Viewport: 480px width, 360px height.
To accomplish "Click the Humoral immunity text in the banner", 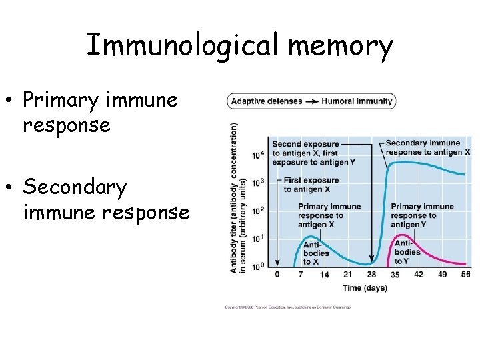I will click(x=357, y=102).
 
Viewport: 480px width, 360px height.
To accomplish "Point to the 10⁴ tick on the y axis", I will click(x=259, y=155).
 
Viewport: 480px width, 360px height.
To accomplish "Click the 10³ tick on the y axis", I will click(x=259, y=183).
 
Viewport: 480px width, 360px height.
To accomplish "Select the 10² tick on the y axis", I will click(x=259, y=211).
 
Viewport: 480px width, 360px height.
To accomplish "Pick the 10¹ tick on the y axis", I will click(x=259, y=238).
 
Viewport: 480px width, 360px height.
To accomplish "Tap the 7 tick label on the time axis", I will click(x=301, y=274).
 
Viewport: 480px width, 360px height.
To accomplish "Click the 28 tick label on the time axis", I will click(x=371, y=274).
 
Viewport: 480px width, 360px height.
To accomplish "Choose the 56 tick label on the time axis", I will click(x=465, y=274).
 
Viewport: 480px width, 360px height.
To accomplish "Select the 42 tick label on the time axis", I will click(x=419, y=274).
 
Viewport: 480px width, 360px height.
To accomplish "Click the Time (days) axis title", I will click(x=365, y=288).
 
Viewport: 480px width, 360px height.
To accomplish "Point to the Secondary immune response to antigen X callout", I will click(x=427, y=147).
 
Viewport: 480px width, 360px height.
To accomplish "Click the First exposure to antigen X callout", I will click(x=311, y=185).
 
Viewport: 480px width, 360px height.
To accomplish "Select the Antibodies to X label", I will click(x=316, y=253).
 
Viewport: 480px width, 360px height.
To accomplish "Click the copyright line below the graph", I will click(x=288, y=307).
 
